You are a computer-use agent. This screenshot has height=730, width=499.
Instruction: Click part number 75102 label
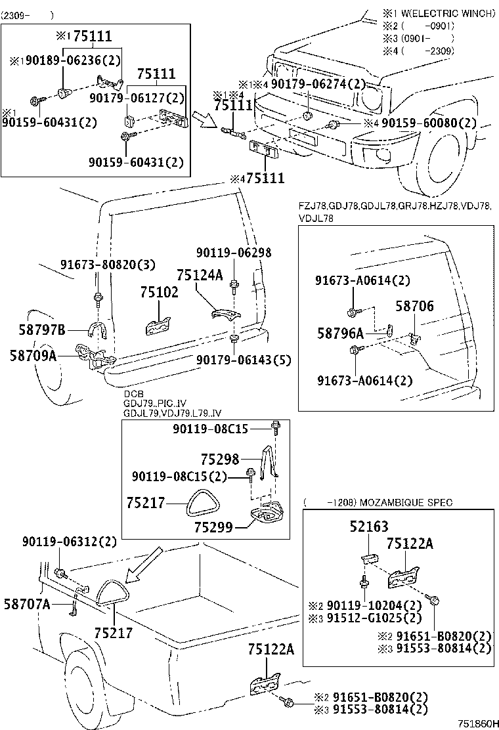point(158,293)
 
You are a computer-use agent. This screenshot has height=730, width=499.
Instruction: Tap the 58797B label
point(37,330)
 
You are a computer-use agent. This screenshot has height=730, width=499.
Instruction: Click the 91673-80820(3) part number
point(99,265)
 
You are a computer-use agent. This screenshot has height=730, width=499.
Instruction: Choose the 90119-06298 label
point(234,252)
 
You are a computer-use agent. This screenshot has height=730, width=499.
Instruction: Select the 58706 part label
point(414,305)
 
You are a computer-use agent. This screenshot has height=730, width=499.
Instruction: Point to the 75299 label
point(215,526)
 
